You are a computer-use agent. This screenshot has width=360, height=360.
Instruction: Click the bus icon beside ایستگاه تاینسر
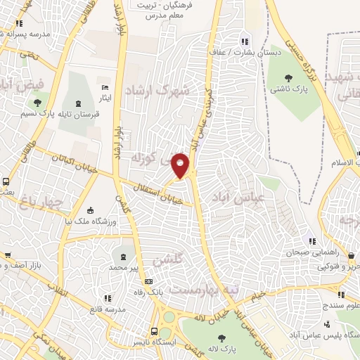tap(154, 332)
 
